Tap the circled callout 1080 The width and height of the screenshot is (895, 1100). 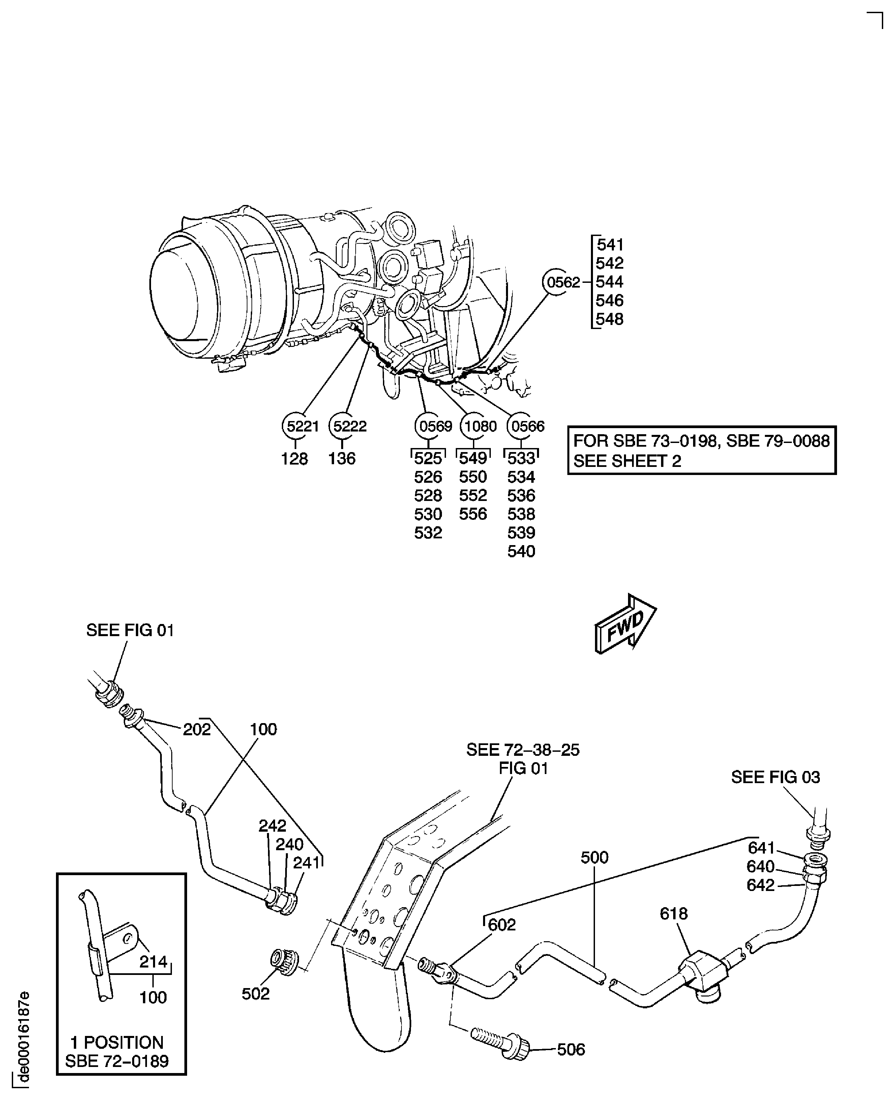click(x=473, y=426)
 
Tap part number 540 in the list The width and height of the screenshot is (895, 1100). click(x=521, y=552)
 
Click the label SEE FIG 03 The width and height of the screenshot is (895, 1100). click(x=775, y=777)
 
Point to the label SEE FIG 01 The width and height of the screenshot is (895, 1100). click(x=130, y=630)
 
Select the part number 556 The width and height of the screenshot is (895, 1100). click(x=473, y=514)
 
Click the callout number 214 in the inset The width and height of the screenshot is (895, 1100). click(x=153, y=961)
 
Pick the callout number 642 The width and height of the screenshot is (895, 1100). click(x=760, y=885)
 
